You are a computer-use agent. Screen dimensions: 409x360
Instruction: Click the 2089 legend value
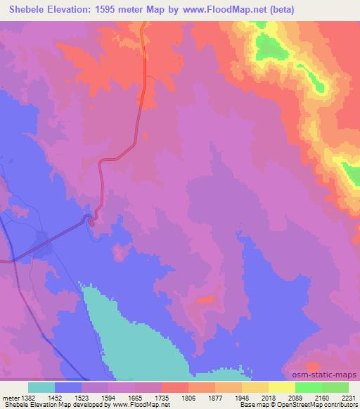tap(305, 397)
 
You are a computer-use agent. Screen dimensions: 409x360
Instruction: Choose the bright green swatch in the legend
tap(308, 387)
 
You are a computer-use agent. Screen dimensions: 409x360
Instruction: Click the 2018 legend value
tap(278, 397)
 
